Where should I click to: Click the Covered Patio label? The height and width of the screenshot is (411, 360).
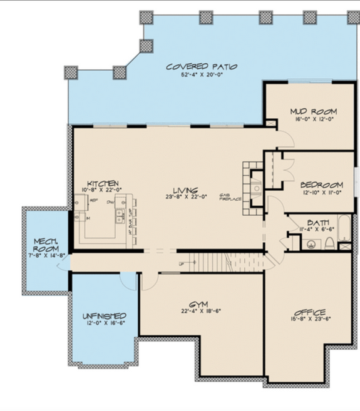click(192, 66)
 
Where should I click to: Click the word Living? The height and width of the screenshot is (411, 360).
click(186, 190)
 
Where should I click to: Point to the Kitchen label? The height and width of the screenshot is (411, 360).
click(103, 183)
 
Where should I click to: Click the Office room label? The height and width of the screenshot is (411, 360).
click(310, 313)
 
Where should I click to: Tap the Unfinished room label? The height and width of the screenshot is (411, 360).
click(104, 317)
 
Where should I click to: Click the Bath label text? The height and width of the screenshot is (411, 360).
click(317, 223)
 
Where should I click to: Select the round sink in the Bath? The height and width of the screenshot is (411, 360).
click(310, 243)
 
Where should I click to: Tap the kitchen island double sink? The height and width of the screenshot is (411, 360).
click(118, 216)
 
